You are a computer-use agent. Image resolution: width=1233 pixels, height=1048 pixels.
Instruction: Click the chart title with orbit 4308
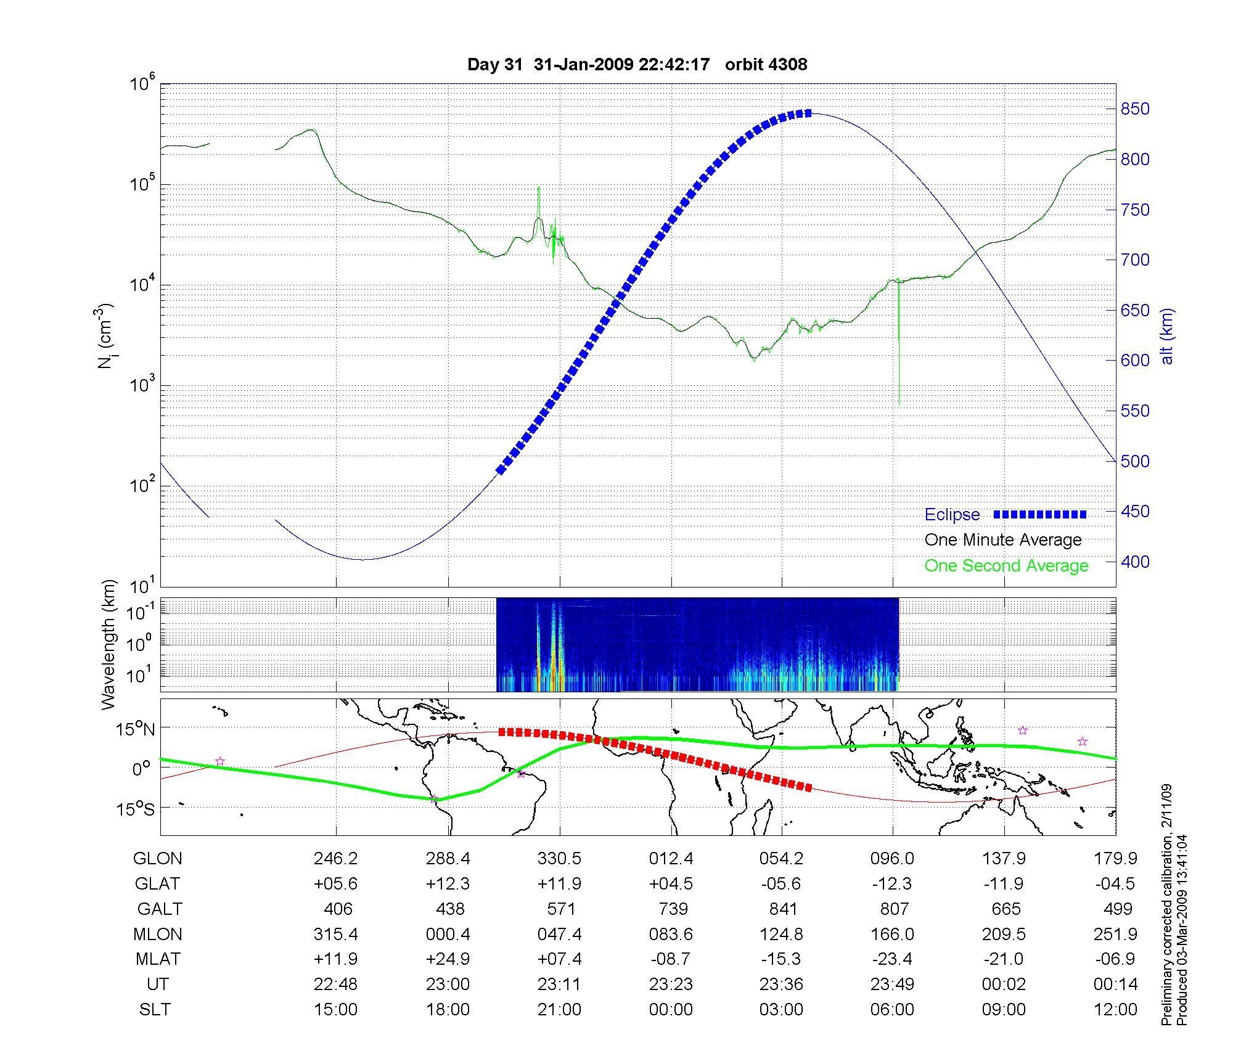tap(637, 65)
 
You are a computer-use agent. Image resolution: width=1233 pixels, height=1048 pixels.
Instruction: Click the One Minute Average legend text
tap(1003, 540)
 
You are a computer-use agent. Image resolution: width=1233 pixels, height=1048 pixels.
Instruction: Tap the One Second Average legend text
tap(1006, 566)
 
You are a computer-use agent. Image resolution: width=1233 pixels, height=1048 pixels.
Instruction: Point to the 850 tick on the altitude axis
tap(1135, 109)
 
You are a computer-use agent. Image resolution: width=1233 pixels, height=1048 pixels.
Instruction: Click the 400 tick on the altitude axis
tap(1135, 562)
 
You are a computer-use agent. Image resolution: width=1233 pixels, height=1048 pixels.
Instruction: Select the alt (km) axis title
tap(1167, 336)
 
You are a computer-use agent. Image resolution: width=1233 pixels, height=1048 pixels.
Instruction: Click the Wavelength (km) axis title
tap(109, 645)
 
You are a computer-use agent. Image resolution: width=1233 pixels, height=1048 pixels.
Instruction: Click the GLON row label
tap(157, 859)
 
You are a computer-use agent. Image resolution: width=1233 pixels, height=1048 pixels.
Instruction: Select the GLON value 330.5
tap(559, 859)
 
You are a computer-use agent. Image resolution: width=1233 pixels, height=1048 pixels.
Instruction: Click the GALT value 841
tap(783, 909)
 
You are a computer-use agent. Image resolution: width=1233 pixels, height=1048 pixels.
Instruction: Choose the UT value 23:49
tap(893, 985)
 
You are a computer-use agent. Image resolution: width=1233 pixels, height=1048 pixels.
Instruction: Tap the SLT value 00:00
tap(671, 1010)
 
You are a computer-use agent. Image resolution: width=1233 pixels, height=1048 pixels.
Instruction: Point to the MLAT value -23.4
tap(892, 959)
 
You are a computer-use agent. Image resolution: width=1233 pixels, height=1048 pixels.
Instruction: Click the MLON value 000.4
tap(448, 935)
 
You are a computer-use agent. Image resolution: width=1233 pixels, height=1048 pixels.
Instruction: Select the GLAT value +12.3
tap(448, 884)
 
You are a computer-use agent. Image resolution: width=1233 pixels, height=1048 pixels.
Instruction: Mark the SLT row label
tap(155, 1010)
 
